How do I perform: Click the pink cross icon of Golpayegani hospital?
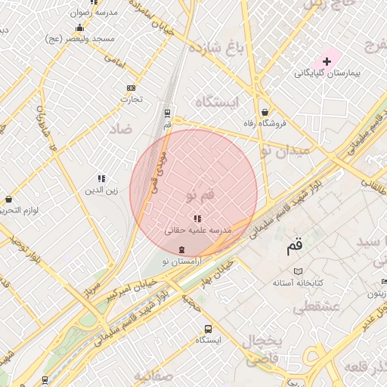(x=327, y=60)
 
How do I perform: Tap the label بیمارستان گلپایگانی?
(x=327, y=73)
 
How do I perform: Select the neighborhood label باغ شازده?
(x=219, y=49)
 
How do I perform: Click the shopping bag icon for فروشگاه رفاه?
(x=265, y=113)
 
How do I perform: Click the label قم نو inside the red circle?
(x=200, y=195)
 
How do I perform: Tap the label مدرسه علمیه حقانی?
(x=198, y=229)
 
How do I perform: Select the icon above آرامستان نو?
(x=181, y=249)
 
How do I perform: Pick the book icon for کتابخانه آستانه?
(x=298, y=271)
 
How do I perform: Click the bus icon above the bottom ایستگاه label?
(x=208, y=329)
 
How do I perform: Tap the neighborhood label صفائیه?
(x=155, y=376)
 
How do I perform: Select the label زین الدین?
(x=101, y=190)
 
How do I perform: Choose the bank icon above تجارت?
(x=132, y=87)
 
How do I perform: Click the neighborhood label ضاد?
(x=122, y=129)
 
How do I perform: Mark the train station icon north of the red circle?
(x=168, y=113)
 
